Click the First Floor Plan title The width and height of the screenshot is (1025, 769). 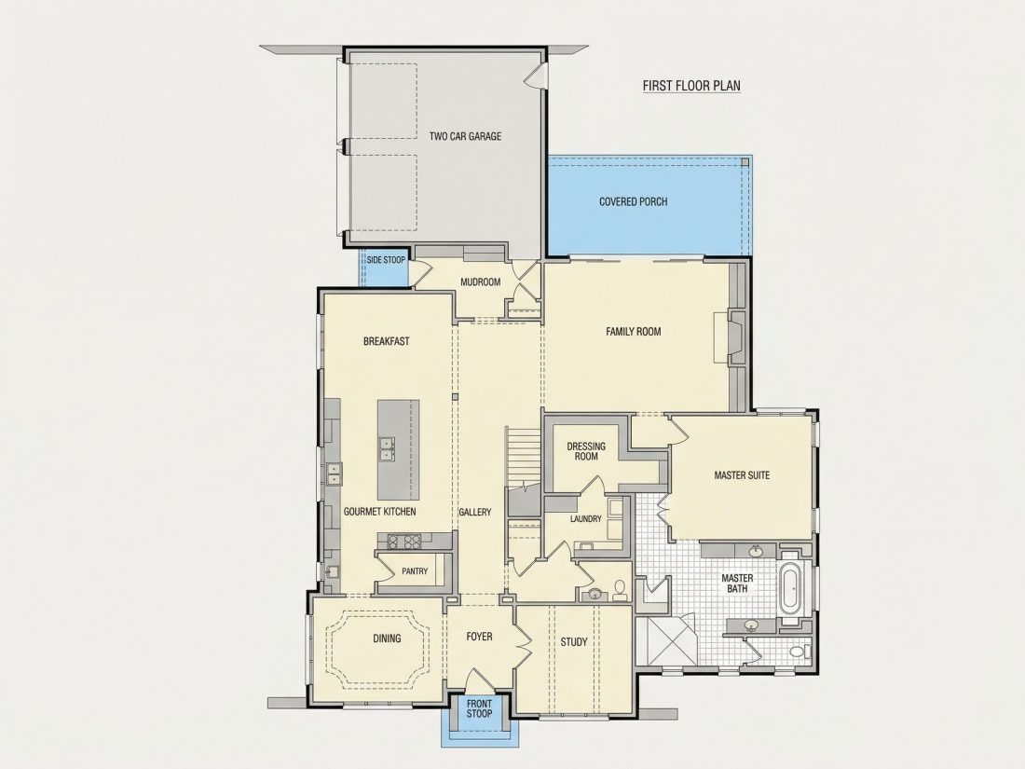pyautogui.click(x=691, y=86)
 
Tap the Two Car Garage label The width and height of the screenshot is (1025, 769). pyautogui.click(x=465, y=137)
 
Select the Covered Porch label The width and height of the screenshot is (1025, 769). pyautogui.click(x=634, y=201)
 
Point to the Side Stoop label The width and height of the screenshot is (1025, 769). pyautogui.click(x=386, y=260)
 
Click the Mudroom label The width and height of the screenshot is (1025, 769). pyautogui.click(x=481, y=282)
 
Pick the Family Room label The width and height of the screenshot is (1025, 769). pyautogui.click(x=634, y=332)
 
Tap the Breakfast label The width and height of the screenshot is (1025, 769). pyautogui.click(x=387, y=340)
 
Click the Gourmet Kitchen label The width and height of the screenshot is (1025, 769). pyautogui.click(x=380, y=512)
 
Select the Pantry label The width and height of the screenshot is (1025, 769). pyautogui.click(x=415, y=570)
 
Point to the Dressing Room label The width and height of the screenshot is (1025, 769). pyautogui.click(x=586, y=451)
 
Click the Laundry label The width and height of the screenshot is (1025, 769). pyautogui.click(x=586, y=518)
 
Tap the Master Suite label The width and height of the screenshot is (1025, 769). pyautogui.click(x=742, y=475)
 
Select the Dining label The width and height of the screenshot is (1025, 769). pyautogui.click(x=387, y=639)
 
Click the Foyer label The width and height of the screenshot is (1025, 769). pyautogui.click(x=479, y=637)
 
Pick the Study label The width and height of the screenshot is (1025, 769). pyautogui.click(x=574, y=642)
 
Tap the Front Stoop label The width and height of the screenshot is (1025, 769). pyautogui.click(x=479, y=708)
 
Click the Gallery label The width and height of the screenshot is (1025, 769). pyautogui.click(x=474, y=512)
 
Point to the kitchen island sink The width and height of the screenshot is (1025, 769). pyautogui.click(x=386, y=449)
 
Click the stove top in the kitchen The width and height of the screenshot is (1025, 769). pyautogui.click(x=403, y=541)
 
